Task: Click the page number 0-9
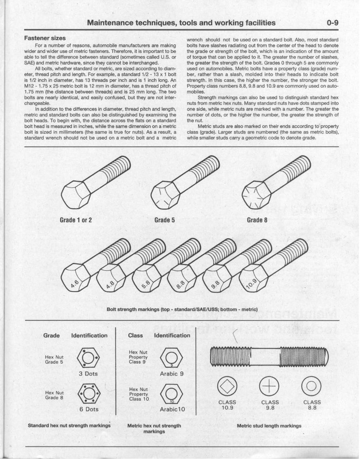coord(333,23)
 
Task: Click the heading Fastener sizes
coord(45,38)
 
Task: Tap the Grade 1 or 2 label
coord(76,220)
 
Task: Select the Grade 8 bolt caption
coord(257,220)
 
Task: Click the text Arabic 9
coord(172,374)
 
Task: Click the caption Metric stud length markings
coord(269,426)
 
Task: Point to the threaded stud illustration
coord(269,356)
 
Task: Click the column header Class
coord(136,335)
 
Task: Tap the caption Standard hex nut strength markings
coord(69,425)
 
